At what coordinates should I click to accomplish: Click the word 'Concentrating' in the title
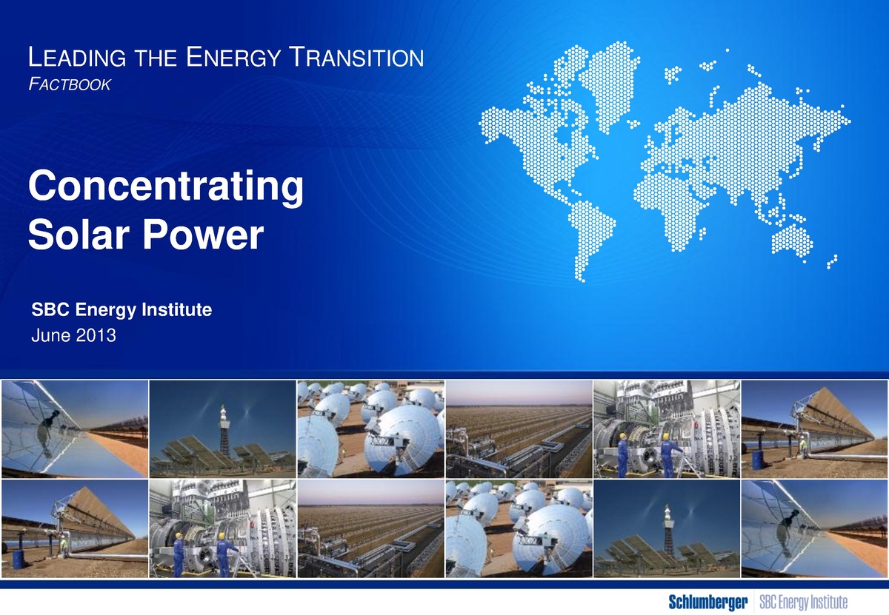164,189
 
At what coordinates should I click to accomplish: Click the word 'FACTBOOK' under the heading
69,87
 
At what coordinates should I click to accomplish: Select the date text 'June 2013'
73,337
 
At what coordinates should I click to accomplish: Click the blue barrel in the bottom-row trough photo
18,558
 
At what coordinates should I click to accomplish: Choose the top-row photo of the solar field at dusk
519,429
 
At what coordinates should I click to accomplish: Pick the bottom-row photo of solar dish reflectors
519,528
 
